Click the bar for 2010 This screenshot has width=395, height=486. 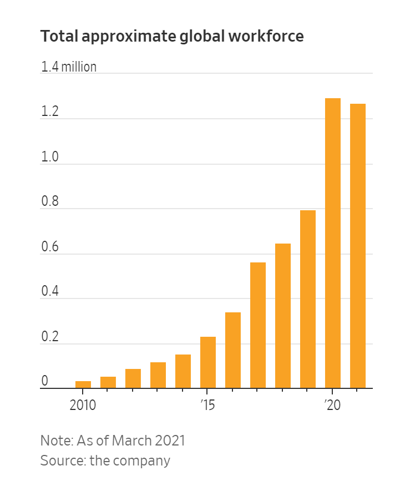click(83, 384)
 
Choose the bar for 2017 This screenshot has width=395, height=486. click(257, 325)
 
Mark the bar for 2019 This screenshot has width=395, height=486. click(307, 299)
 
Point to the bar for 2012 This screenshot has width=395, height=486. click(133, 378)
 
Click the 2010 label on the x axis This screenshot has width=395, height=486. click(83, 405)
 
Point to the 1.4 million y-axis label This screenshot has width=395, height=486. click(69, 67)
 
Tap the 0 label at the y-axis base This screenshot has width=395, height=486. click(44, 382)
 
